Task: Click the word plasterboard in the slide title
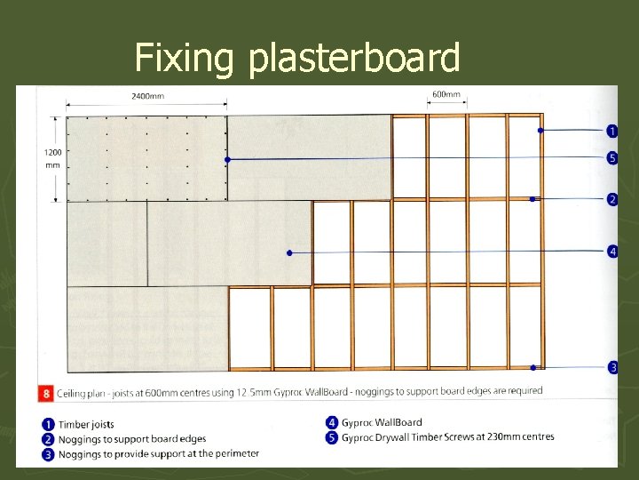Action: (355, 60)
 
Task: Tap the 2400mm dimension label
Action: (146, 96)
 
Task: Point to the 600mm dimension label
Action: (446, 95)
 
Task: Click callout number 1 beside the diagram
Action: (612, 131)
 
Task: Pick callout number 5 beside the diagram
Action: (612, 158)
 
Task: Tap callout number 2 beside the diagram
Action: (612, 199)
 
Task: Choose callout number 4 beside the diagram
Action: (612, 252)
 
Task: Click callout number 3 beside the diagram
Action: (612, 367)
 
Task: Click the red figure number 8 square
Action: (46, 392)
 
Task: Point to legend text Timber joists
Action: (86, 424)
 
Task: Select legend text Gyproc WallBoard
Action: (382, 422)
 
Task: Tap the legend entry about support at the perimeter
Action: (159, 453)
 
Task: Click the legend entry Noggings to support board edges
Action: (132, 439)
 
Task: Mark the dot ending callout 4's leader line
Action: (289, 253)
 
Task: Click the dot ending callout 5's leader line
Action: (228, 160)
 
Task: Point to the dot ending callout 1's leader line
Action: (539, 131)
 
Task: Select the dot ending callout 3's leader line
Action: (532, 367)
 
